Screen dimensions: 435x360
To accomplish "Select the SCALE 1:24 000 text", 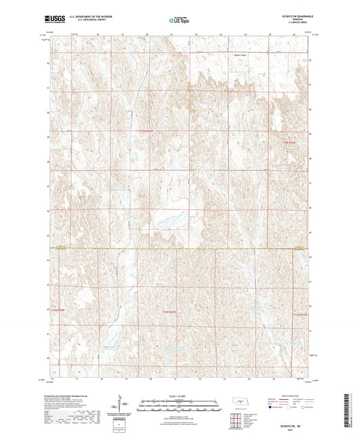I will point(180,394).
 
